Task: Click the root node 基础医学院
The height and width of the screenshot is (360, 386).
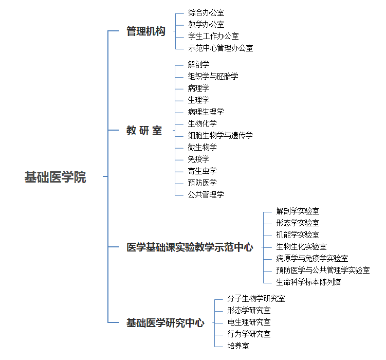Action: pyautogui.click(x=56, y=177)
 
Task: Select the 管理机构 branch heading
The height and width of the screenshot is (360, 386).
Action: pyautogui.click(x=146, y=31)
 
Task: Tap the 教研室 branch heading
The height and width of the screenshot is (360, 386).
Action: pyautogui.click(x=144, y=130)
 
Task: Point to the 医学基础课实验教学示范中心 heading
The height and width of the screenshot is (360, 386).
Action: pyautogui.click(x=190, y=247)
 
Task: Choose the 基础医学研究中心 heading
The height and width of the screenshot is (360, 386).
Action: pyautogui.click(x=165, y=322)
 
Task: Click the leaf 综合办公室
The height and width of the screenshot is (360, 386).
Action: pyautogui.click(x=206, y=12)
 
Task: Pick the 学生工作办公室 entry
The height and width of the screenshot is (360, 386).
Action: pyautogui.click(x=213, y=36)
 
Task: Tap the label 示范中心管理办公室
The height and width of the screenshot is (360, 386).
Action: pyautogui.click(x=220, y=48)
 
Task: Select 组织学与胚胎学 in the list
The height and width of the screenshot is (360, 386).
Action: pyautogui.click(x=213, y=76)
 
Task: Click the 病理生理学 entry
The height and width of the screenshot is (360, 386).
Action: pyautogui.click(x=206, y=112)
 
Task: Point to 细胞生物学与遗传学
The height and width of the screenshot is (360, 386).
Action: pyautogui.click(x=220, y=135)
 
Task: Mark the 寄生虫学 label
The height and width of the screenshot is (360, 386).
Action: pyautogui.click(x=202, y=171)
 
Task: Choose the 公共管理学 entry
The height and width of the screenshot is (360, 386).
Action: pyautogui.click(x=206, y=194)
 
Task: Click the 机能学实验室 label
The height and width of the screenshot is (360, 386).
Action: pyautogui.click(x=298, y=235)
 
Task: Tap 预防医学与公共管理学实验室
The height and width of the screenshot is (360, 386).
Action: pyautogui.click(x=323, y=270)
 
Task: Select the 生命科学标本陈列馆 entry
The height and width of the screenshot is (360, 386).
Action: pyautogui.click(x=308, y=282)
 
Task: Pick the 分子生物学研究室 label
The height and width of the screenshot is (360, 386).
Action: pyautogui.click(x=256, y=298)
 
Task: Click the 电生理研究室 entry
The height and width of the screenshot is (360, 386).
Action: pyautogui.click(x=249, y=322)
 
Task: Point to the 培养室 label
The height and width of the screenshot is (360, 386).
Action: pyautogui.click(x=238, y=346)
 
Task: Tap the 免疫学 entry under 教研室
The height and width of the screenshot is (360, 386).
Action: pyautogui.click(x=198, y=159)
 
